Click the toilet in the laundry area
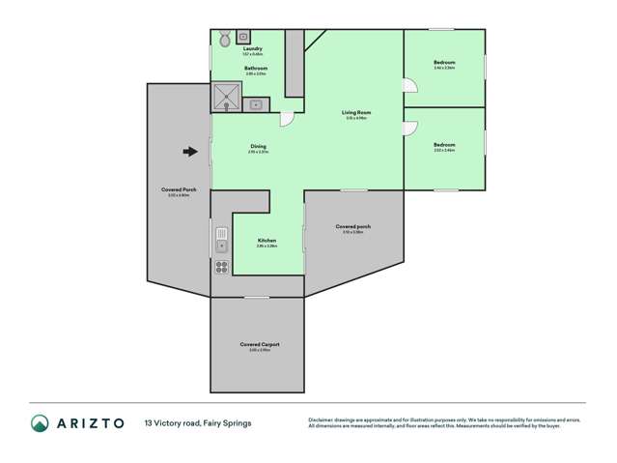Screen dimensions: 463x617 click(224, 40)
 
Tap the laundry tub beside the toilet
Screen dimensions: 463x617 click(241, 37)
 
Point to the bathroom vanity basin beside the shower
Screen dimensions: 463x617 click(257, 103)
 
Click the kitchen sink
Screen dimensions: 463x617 click(221, 240)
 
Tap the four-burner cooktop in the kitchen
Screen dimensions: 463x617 click(221, 267)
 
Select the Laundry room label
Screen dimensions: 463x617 click(254, 49)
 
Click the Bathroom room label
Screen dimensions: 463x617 click(256, 68)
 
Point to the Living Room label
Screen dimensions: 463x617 click(356, 112)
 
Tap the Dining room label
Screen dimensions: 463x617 click(258, 147)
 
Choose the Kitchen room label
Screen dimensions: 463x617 click(267, 240)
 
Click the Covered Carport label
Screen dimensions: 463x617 click(260, 344)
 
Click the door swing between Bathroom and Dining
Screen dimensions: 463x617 click(287, 117)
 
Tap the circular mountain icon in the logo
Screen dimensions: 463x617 click(40, 423)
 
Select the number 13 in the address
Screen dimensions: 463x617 click(149, 423)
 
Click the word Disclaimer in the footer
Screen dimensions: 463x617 click(322, 420)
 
